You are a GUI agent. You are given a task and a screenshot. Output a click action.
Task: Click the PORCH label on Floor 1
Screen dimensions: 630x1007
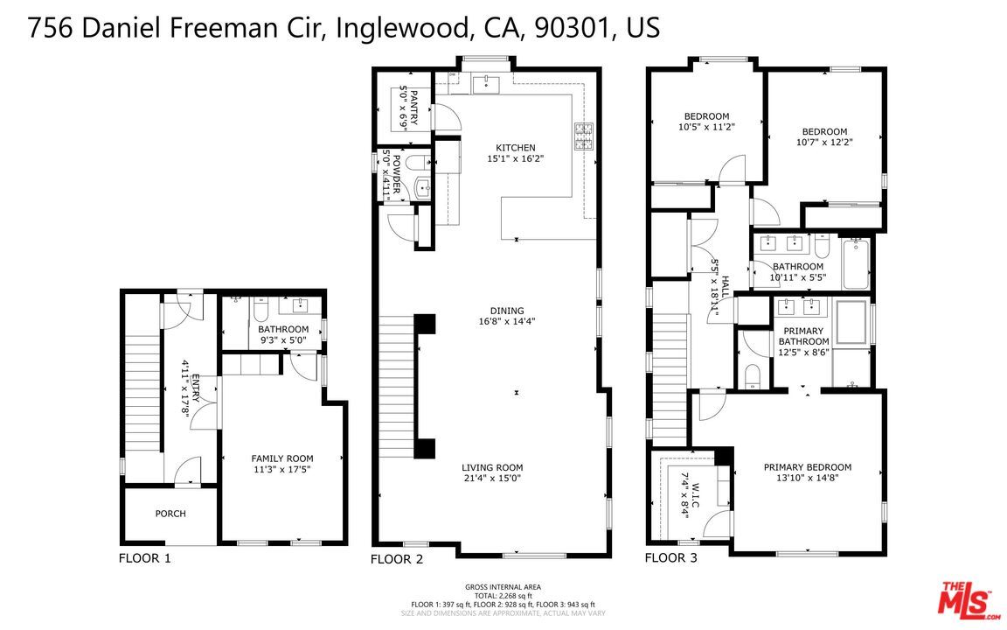click(170, 514)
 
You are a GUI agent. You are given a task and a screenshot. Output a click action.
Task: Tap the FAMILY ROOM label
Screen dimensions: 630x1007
click(281, 458)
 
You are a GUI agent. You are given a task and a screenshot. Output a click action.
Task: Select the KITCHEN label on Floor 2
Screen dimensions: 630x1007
click(515, 148)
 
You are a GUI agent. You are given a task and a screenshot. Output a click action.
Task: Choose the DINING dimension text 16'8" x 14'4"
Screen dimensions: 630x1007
click(506, 321)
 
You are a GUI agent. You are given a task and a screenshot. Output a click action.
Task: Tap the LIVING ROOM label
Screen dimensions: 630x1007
click(492, 467)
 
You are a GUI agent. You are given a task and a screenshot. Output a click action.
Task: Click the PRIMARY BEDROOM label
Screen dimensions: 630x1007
click(807, 467)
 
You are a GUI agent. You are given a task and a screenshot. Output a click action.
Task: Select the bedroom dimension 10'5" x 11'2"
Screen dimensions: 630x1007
click(706, 127)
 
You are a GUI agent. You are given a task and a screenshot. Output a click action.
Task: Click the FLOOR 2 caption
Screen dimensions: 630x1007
click(397, 558)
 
